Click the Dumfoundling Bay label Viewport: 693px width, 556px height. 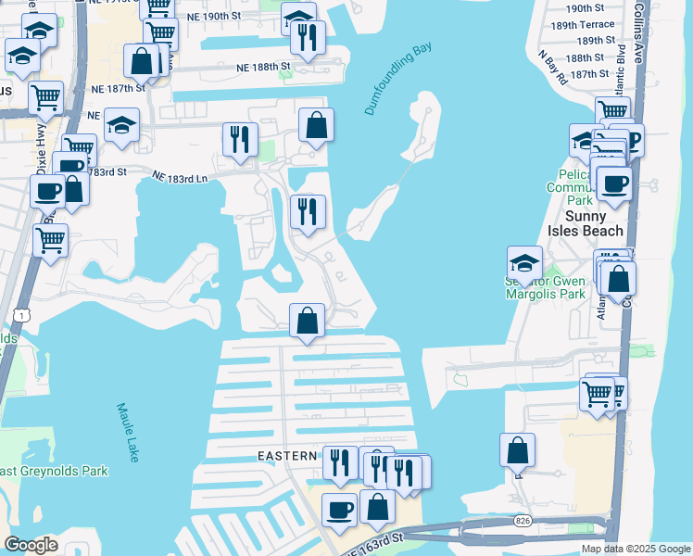[x=398, y=78]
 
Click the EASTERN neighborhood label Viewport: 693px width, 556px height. [x=288, y=456]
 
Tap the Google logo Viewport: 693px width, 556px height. [x=31, y=545]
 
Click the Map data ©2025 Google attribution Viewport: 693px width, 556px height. [x=636, y=549]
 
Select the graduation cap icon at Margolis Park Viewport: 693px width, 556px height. [x=524, y=262]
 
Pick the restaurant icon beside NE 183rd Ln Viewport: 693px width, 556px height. [x=240, y=139]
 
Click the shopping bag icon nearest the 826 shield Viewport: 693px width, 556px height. [x=517, y=450]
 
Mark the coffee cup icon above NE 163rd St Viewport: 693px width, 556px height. [x=339, y=509]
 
